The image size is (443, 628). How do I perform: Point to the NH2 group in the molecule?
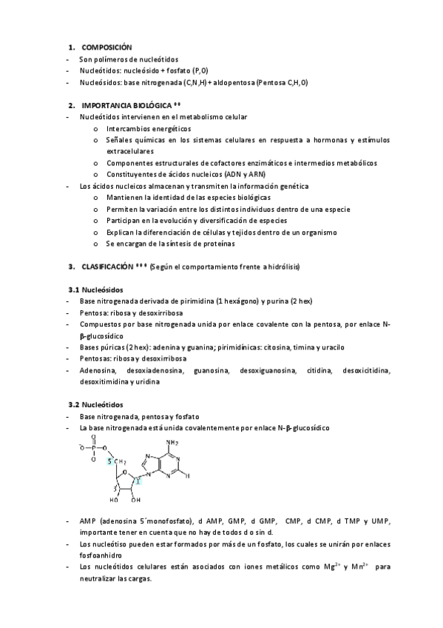click(173, 443)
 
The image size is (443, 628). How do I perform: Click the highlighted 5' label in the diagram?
click(109, 462)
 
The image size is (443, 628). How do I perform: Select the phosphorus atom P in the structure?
click(92, 447)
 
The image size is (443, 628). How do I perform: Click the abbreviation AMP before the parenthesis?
click(89, 520)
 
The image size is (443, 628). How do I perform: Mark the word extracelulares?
click(131, 151)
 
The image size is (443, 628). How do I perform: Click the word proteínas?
click(214, 244)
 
